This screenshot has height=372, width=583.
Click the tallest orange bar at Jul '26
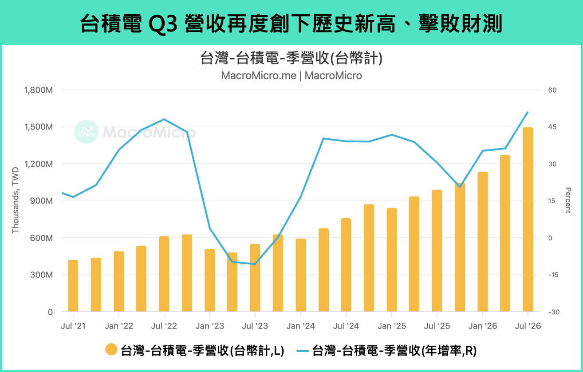pyautogui.click(x=528, y=219)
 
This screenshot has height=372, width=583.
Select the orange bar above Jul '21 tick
pyautogui.click(x=73, y=286)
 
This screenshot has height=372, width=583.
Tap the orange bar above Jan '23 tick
pyautogui.click(x=210, y=280)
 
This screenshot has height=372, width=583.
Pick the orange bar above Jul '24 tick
pyautogui.click(x=346, y=265)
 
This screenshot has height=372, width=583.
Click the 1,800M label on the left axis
pyautogui.click(x=38, y=90)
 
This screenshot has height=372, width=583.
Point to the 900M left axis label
pyautogui.click(x=41, y=201)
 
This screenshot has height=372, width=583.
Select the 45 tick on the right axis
pyautogui.click(x=552, y=127)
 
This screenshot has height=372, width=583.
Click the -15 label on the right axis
pyautogui.click(x=553, y=275)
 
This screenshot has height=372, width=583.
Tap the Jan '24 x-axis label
pyautogui.click(x=301, y=326)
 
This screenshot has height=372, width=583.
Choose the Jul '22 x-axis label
pyautogui.click(x=164, y=326)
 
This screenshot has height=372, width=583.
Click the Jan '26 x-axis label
pyautogui.click(x=483, y=326)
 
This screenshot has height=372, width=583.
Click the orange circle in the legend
pyautogui.click(x=111, y=349)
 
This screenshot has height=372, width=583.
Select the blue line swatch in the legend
pyautogui.click(x=303, y=351)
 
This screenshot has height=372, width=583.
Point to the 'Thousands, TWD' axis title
pyautogui.click(x=16, y=200)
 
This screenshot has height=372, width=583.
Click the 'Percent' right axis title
pyautogui.click(x=568, y=200)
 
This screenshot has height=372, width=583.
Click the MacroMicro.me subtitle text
pyautogui.click(x=259, y=76)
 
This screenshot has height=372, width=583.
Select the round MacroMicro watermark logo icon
pyautogui.click(x=87, y=132)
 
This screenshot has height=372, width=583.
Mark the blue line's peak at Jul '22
pyautogui.click(x=164, y=119)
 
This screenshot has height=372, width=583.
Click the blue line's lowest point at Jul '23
pyautogui.click(x=255, y=264)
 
